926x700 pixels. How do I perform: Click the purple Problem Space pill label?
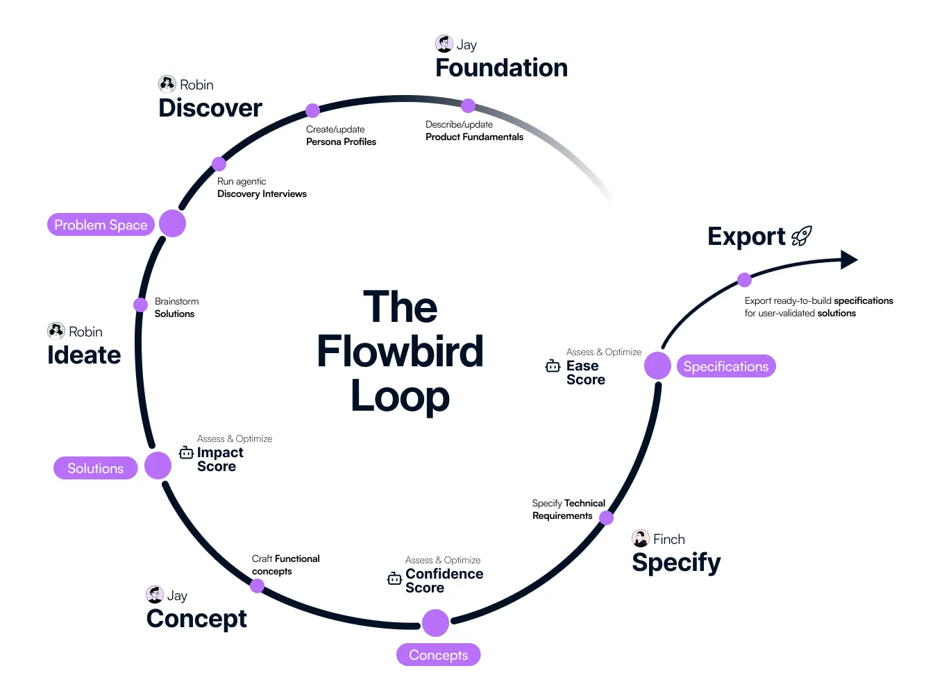pos(101,225)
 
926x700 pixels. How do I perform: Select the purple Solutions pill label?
pos(95,468)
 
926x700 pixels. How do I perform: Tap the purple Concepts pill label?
pos(438,655)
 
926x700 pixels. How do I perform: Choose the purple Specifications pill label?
pos(725,366)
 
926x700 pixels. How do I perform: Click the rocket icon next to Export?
pos(802,237)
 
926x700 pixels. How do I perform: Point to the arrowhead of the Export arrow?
pos(849,260)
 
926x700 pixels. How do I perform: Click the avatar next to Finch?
pos(641,539)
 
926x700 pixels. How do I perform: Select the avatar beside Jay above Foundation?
pos(444,44)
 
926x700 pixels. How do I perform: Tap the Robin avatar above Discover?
pos(167,85)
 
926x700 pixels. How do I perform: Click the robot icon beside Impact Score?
pos(186,453)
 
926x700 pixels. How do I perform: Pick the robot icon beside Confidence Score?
pos(394,578)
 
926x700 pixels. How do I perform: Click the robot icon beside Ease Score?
pos(553,366)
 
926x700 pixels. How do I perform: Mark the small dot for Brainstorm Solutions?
pos(140,305)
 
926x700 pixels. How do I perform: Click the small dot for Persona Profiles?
pos(313,110)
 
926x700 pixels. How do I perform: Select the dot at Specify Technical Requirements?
pos(606,518)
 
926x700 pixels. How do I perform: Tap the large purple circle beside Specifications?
pos(657,366)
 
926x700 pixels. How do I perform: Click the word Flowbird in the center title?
pos(400,351)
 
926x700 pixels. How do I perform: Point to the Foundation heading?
pos(501,68)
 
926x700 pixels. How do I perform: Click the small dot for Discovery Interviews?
pos(219,164)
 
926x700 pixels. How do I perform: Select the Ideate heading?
pos(84,355)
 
